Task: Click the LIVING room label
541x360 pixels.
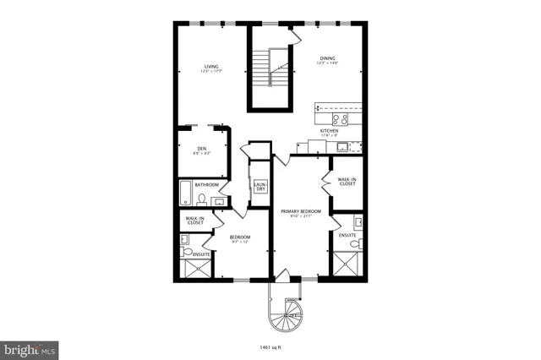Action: click(x=211, y=67)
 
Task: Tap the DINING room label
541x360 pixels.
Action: click(x=327, y=59)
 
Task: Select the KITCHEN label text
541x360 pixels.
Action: click(x=330, y=131)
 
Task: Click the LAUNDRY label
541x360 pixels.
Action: click(x=260, y=186)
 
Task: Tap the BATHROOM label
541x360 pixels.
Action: click(x=207, y=184)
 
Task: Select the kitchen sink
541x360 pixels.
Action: click(x=342, y=146)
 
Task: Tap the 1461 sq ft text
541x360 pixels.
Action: click(x=270, y=346)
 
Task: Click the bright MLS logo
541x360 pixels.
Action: click(x=30, y=349)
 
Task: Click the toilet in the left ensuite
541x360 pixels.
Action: click(x=186, y=239)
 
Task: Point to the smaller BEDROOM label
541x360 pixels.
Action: click(x=240, y=238)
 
